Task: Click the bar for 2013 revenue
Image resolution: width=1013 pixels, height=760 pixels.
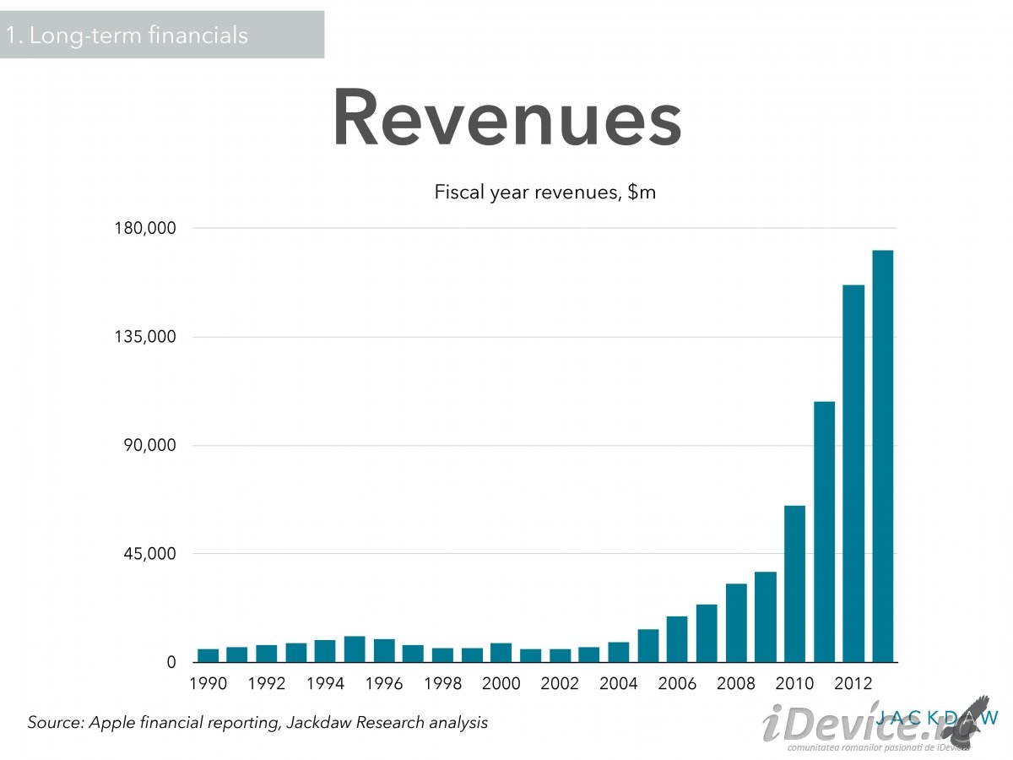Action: tap(882, 456)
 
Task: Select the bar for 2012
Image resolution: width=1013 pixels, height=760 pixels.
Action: tap(853, 474)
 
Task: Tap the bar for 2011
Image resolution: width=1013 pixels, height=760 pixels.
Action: tap(824, 532)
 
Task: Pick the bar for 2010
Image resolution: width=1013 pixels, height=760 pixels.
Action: tap(794, 584)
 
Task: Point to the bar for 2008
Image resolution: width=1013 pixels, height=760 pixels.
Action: tap(736, 623)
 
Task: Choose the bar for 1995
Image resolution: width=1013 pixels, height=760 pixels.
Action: tap(355, 649)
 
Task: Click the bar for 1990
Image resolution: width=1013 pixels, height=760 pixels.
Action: tap(208, 655)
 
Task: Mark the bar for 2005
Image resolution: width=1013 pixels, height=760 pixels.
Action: tap(648, 646)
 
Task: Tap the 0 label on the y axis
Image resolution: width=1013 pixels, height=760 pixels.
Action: tap(171, 663)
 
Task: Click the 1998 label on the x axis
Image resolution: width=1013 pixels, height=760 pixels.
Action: tap(442, 683)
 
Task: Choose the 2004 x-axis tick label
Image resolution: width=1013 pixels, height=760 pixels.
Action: tap(619, 683)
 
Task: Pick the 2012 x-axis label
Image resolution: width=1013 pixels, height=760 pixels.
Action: tap(853, 683)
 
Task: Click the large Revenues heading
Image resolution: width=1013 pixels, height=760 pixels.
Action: tap(506, 118)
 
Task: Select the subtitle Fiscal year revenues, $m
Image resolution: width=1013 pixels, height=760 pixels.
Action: tap(544, 193)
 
